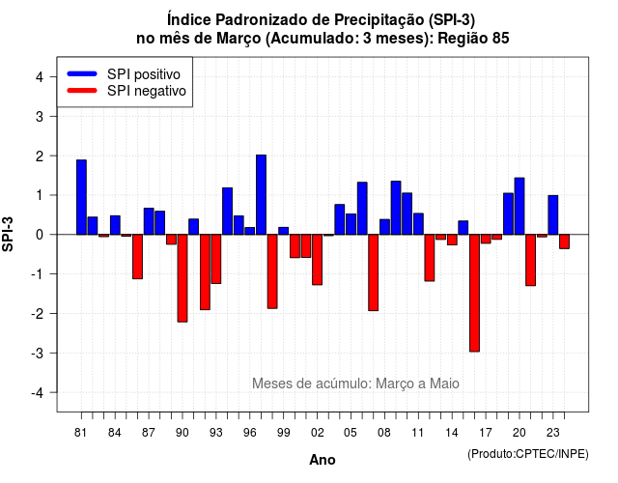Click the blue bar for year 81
pyautogui.click(x=81, y=197)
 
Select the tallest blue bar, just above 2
pyautogui.click(x=261, y=195)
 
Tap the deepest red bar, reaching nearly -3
pyautogui.click(x=474, y=293)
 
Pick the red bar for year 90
pyautogui.click(x=183, y=278)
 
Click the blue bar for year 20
pyautogui.click(x=520, y=206)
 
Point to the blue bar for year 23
pyautogui.click(x=553, y=214)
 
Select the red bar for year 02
pyautogui.click(x=318, y=260)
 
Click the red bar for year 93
pyautogui.click(x=216, y=259)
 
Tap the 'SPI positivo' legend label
pyautogui.click(x=144, y=74)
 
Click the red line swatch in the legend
pyautogui.click(x=82, y=90)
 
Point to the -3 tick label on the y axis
pyautogui.click(x=39, y=353)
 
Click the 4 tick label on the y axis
pyautogui.click(x=40, y=77)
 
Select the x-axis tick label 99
pyautogui.click(x=283, y=433)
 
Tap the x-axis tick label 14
pyautogui.click(x=452, y=433)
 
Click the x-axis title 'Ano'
pyautogui.click(x=323, y=460)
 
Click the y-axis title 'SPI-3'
pyautogui.click(x=8, y=234)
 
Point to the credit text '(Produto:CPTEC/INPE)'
pyautogui.click(x=528, y=454)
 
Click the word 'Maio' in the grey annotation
pyautogui.click(x=444, y=384)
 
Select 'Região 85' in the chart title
pyautogui.click(x=473, y=39)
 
